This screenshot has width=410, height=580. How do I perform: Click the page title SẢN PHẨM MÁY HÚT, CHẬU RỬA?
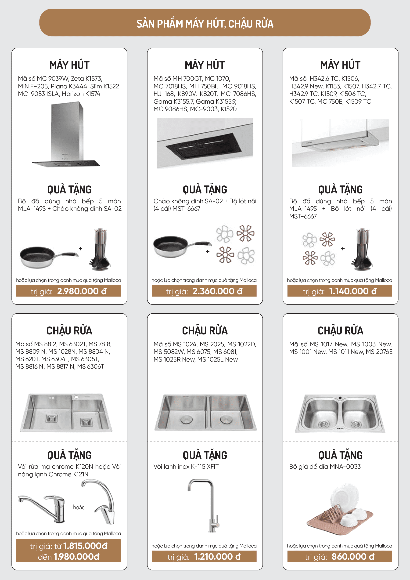(x=205, y=24)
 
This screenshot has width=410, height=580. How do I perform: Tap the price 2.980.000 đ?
(x=82, y=291)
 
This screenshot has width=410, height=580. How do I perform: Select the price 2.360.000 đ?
(x=217, y=291)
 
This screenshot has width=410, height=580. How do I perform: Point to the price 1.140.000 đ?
(x=353, y=291)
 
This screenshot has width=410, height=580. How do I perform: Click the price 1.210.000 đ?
(x=217, y=557)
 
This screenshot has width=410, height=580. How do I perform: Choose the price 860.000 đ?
(x=353, y=557)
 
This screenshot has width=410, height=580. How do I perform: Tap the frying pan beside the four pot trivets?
(x=182, y=246)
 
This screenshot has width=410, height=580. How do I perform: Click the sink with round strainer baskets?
(x=340, y=413)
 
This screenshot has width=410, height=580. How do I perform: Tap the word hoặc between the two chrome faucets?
(x=79, y=507)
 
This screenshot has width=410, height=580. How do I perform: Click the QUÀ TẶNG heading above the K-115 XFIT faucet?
(x=205, y=455)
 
